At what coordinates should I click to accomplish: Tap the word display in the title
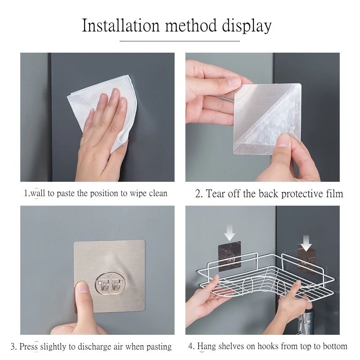coord(247,26)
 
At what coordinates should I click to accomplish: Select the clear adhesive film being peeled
coord(267,119)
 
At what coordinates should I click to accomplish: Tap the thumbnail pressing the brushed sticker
coord(82,287)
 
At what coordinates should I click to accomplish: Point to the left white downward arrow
coord(229,233)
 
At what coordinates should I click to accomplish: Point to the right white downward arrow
coord(306,243)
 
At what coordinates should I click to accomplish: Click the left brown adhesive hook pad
coord(229,256)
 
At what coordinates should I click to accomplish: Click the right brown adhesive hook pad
coord(306,260)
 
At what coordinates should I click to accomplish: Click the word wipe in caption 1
coord(138,193)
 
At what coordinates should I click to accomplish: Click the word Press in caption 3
coord(28,346)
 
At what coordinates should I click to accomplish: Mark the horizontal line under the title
coord(180,41)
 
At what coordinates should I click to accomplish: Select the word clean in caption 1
coord(158,193)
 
